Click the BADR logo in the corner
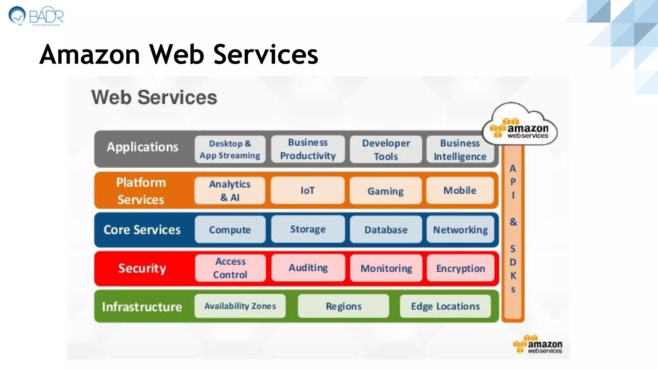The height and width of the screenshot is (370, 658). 36,16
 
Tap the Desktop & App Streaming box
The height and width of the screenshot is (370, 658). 230,149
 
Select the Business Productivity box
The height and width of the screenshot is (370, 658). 308,149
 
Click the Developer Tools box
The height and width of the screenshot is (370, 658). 386,149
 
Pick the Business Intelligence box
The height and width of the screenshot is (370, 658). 460,149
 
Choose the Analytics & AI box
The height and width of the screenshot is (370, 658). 230,190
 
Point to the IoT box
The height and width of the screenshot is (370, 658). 307,190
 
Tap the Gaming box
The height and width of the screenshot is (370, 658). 386,191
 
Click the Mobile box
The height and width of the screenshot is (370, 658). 460,190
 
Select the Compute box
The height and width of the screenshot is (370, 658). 230,229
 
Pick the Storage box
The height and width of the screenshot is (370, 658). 308,229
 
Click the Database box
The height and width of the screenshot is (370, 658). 386,229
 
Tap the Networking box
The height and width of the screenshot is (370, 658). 460,229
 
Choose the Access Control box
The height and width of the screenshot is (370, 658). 230,268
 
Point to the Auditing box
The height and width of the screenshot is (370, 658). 308,268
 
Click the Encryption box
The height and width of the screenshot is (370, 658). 460,268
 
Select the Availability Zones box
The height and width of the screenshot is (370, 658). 240,306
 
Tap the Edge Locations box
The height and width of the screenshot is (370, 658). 445,306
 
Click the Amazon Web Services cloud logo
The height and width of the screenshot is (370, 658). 520,125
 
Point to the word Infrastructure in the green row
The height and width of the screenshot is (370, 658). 142,307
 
